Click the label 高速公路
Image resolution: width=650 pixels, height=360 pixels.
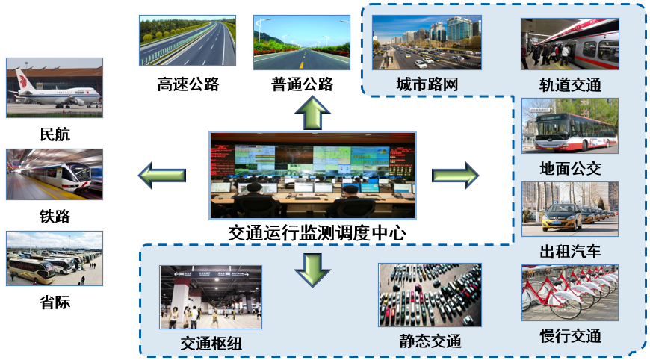pyautogui.click(x=188, y=84)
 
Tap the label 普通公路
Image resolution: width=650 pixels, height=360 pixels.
pyautogui.click(x=302, y=84)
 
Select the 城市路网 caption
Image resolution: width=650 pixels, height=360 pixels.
pyautogui.click(x=427, y=84)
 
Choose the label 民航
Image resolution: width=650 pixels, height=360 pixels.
pyautogui.click(x=55, y=134)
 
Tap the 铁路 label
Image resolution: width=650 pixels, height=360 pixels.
pyautogui.click(x=55, y=217)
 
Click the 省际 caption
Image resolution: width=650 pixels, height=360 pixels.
pyautogui.click(x=55, y=302)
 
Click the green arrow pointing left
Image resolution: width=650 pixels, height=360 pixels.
pyautogui.click(x=162, y=176)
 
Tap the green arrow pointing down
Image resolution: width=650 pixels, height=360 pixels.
pyautogui.click(x=312, y=269)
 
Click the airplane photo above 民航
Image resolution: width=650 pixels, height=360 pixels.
pyautogui.click(x=55, y=87)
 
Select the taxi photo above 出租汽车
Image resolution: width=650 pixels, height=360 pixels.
pyautogui.click(x=569, y=209)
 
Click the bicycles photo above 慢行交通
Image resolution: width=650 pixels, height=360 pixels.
pyautogui.click(x=569, y=292)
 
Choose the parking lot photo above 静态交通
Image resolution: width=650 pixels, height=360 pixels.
pyautogui.click(x=430, y=296)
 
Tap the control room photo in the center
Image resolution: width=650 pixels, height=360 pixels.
pyautogui.click(x=312, y=176)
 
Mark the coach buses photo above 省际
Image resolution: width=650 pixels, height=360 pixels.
pyautogui.click(x=55, y=258)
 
